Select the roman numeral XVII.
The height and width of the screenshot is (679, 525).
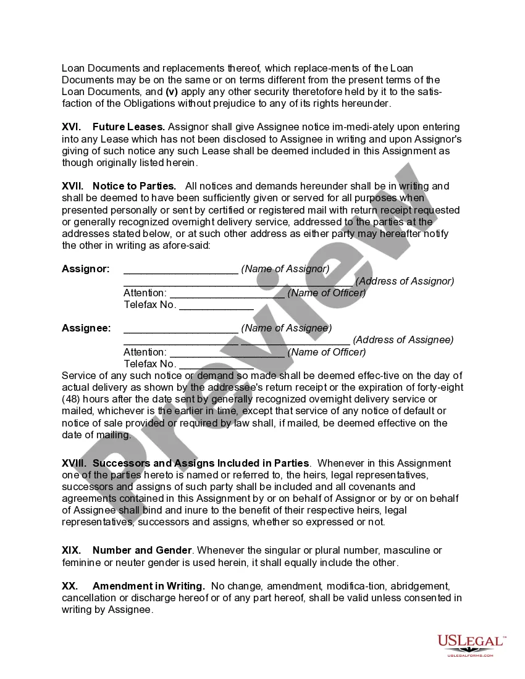click(x=72, y=186)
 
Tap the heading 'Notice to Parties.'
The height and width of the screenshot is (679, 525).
click(x=134, y=186)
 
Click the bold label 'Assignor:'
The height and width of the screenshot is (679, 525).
click(x=86, y=269)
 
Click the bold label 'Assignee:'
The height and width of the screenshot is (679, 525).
click(x=86, y=328)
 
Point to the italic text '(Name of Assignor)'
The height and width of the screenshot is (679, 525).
click(x=285, y=269)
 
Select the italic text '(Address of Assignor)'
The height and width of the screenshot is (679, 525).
click(x=405, y=281)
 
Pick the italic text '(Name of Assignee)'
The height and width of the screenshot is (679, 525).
click(x=286, y=328)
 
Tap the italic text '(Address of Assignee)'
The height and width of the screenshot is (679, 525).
click(x=403, y=340)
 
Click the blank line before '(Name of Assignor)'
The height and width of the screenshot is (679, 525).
click(x=180, y=270)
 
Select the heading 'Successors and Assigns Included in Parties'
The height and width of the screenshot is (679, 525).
click(x=201, y=464)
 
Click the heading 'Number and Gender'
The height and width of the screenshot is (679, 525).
click(x=143, y=551)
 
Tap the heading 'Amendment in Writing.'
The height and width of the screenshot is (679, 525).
click(x=149, y=586)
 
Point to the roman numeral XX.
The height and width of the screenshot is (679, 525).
click(x=70, y=586)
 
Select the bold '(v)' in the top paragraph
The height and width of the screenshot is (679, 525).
click(x=172, y=91)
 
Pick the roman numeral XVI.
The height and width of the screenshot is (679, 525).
click(x=71, y=127)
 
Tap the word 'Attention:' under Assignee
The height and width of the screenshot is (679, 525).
click(x=145, y=352)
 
